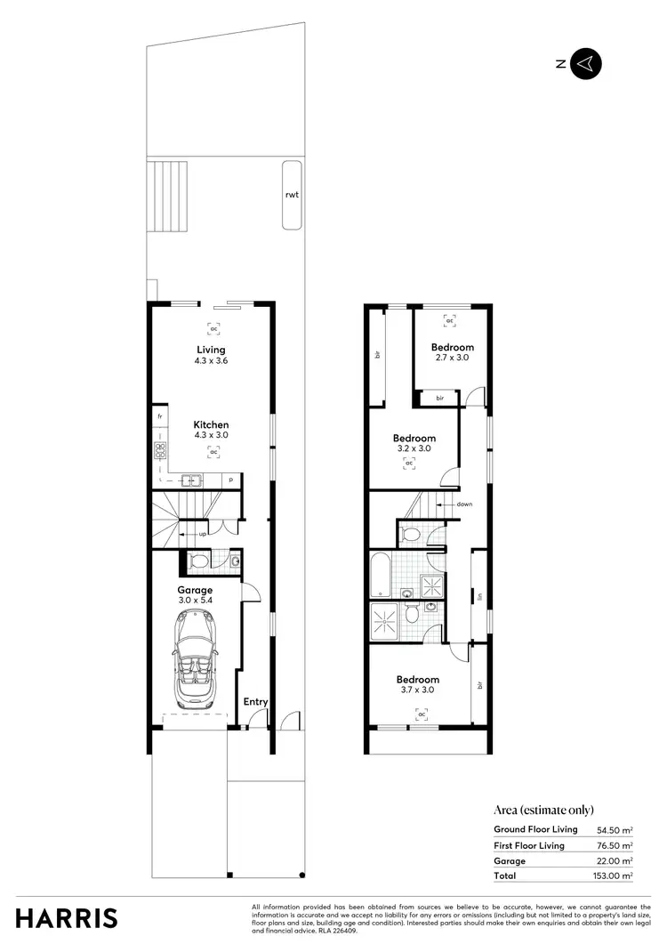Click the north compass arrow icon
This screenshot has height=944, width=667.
point(586,64)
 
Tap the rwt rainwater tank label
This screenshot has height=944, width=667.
point(291,195)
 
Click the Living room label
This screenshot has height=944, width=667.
point(212,350)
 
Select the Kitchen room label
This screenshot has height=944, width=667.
point(212,425)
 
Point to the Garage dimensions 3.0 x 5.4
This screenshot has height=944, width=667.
point(195,601)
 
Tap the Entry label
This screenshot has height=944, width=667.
point(256,702)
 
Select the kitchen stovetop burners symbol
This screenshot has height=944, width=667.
point(161,450)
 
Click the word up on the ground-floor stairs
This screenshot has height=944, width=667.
point(203,534)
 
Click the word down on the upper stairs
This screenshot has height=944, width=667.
point(464,504)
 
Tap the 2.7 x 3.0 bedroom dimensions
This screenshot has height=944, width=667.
point(453,358)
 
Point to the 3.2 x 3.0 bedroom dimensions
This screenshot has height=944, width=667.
point(414,448)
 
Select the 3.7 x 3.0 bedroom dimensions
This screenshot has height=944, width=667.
point(418,690)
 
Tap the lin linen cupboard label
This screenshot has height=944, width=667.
point(479,596)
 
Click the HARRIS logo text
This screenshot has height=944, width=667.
point(67,917)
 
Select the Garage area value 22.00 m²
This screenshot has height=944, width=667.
point(615,861)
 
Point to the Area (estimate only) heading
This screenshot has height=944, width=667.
point(542,810)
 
